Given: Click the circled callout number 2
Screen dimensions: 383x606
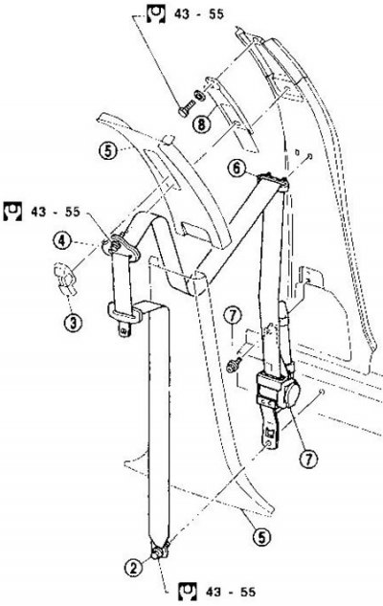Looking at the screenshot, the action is point(133,568).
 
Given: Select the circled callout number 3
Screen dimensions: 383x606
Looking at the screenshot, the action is point(74,323).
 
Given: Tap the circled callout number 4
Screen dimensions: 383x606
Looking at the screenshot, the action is point(62,240).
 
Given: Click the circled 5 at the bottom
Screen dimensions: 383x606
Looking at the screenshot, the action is point(261,536).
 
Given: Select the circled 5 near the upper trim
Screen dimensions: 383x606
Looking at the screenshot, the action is point(108,150).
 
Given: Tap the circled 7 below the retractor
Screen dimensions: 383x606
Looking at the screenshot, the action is point(308,460).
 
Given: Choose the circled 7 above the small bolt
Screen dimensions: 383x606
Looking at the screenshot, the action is point(233,316).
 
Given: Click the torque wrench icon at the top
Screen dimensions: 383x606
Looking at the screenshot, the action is point(156,14).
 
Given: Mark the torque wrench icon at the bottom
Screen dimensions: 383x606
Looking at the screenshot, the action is point(188,592).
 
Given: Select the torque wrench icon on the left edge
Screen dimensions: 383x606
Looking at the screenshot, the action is point(12,211).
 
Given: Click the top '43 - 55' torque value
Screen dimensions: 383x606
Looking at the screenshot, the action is point(198,14).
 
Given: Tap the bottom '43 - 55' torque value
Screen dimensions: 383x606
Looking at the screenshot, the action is point(231,592).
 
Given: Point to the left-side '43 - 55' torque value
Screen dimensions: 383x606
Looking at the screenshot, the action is point(56,212).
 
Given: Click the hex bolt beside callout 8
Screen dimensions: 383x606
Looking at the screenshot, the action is point(186,107).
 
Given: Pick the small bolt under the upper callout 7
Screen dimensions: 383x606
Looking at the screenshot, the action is point(235,365).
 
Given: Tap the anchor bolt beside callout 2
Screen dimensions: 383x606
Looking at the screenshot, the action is point(158,553).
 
